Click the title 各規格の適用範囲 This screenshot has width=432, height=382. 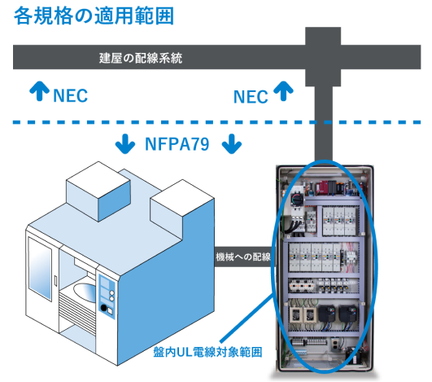94,16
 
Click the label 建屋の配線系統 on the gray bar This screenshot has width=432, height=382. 141,58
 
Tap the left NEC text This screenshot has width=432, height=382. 70,96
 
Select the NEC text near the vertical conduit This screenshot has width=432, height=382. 251,97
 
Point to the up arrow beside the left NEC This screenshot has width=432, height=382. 39,90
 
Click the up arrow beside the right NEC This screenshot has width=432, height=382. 283,91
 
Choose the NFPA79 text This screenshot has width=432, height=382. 177,144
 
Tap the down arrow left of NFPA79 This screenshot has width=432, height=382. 125,143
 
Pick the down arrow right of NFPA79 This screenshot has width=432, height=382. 232,143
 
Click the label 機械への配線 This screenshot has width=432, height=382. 243,257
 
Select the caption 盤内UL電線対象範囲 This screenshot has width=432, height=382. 207,352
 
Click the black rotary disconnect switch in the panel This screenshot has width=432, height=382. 297,199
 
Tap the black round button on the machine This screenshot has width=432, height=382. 104,308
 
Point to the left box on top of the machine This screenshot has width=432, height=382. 98,191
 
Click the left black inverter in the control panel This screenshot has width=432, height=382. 327,314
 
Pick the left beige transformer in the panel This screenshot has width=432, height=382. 295,314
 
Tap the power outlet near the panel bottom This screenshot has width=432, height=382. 334,344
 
